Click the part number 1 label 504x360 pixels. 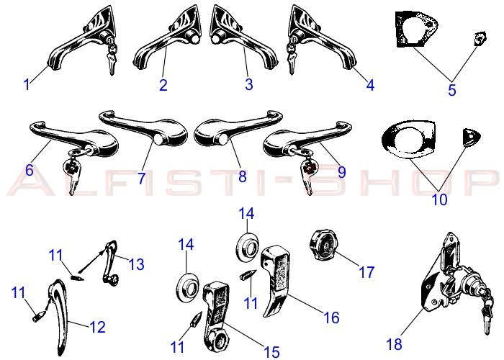point(27,84)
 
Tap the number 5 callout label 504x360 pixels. point(452,90)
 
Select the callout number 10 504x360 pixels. point(439,199)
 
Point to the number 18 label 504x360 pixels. point(394,344)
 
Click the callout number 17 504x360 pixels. point(366,272)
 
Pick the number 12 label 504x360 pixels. point(97,327)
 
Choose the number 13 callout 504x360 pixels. point(136,264)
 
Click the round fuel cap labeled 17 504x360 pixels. point(323,246)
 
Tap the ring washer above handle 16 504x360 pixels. point(248,246)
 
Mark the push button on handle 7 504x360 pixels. point(159,138)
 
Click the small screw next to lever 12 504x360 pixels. point(39,316)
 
